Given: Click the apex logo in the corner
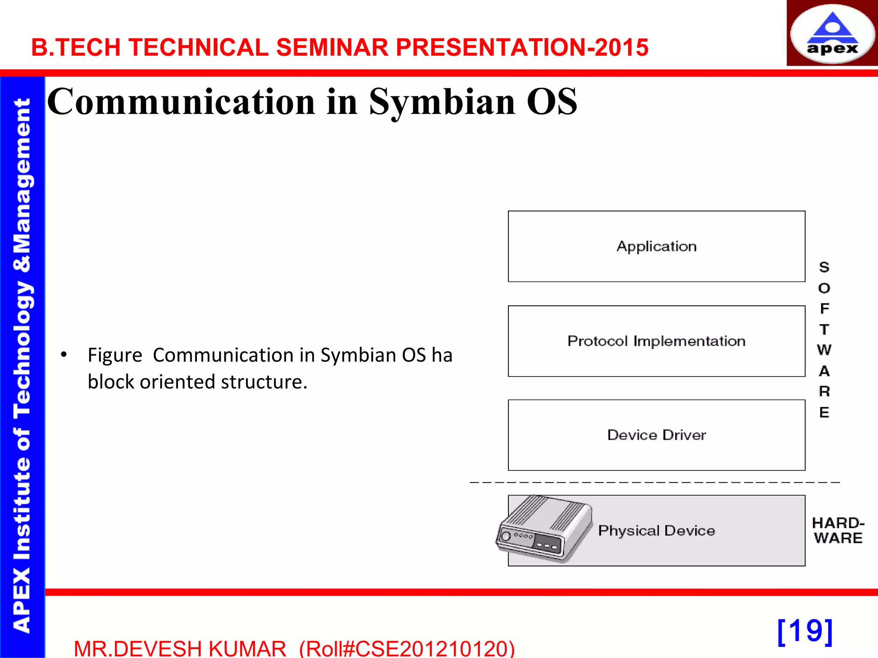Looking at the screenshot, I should [x=832, y=33].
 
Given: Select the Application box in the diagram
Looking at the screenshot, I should [x=656, y=246].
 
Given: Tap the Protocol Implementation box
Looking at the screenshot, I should [x=656, y=341].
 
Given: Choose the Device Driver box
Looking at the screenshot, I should [x=656, y=435].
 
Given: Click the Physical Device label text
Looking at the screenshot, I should [x=656, y=531].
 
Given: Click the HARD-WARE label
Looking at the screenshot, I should [x=838, y=530].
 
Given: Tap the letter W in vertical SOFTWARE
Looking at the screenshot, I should [x=824, y=350].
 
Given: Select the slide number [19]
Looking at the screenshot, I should [x=805, y=631].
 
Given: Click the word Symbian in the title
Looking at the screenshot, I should [x=442, y=102].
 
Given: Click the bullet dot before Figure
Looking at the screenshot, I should [x=64, y=355].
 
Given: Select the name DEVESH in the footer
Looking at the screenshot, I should [x=159, y=649].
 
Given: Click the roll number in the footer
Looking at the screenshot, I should [x=407, y=649].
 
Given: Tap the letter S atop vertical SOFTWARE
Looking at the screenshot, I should [x=824, y=267].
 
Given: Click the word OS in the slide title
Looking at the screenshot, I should [x=552, y=102].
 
